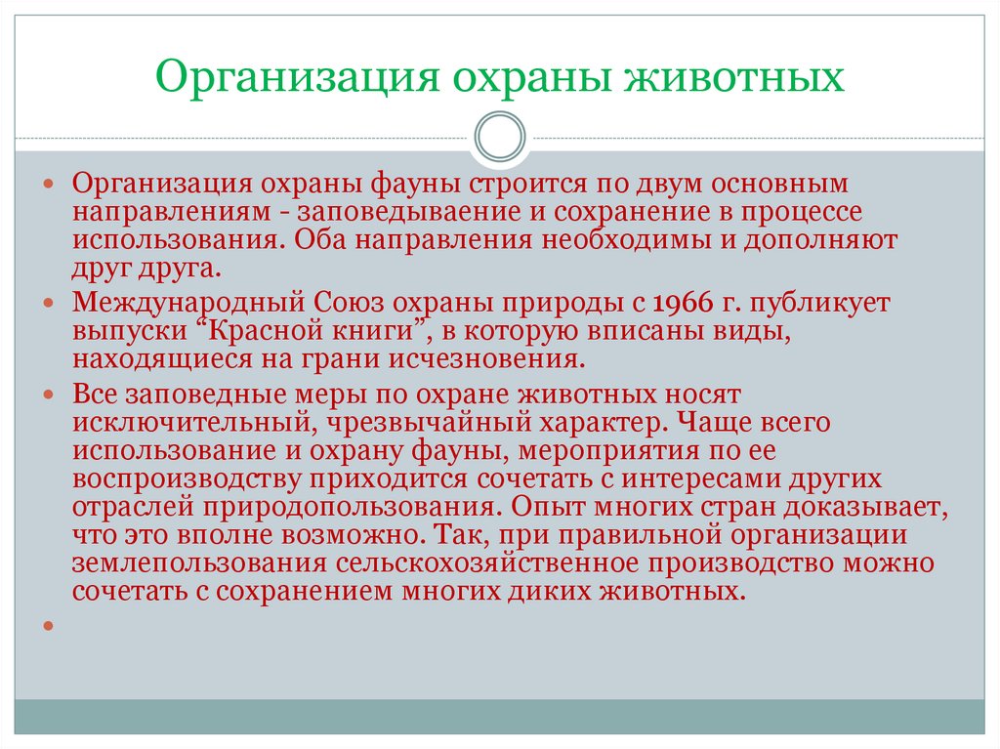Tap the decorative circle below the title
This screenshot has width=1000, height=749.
500,137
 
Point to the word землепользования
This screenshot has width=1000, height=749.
189,563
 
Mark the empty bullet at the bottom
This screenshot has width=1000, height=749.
47,625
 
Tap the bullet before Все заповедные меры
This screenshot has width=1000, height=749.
47,395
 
